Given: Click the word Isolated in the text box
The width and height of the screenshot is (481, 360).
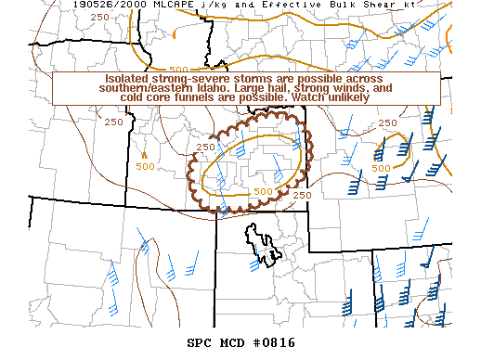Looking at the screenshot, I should pyautogui.click(x=127, y=79).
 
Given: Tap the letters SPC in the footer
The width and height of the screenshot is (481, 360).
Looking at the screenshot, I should pyautogui.click(x=199, y=342).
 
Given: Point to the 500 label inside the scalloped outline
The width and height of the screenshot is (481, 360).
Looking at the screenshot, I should pyautogui.click(x=264, y=192).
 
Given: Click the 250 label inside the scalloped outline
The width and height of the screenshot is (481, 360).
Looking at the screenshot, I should pyautogui.click(x=206, y=147).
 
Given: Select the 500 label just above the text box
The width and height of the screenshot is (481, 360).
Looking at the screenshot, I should pyautogui.click(x=180, y=70).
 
